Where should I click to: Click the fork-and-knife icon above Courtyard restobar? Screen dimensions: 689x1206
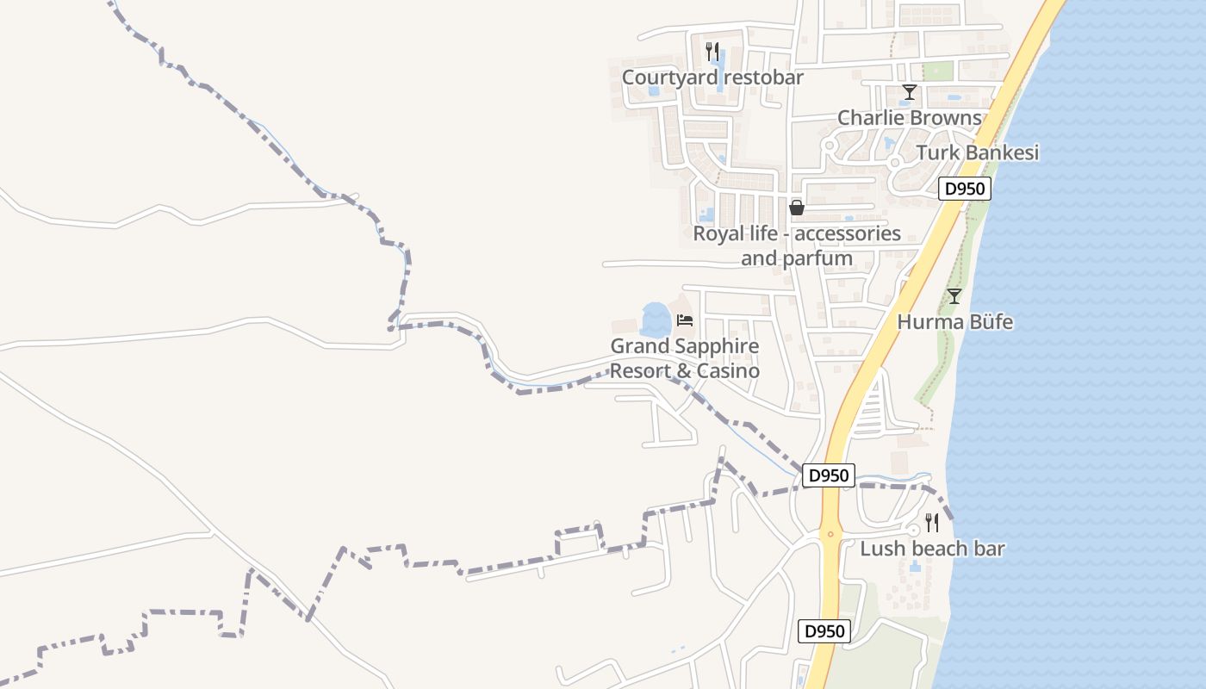712,51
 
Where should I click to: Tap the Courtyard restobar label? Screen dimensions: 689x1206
712,78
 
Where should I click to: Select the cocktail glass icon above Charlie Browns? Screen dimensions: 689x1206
909,92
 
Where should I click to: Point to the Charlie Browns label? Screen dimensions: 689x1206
909,118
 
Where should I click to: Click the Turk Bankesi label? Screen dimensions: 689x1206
977,152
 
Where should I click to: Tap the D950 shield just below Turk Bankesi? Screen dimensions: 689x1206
965,189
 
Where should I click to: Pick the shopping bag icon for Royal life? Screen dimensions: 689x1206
797,208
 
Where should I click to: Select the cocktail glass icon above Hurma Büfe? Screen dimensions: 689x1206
954,296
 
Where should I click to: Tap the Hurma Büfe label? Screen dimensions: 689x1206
954,322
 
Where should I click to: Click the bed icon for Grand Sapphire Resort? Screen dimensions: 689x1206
685,320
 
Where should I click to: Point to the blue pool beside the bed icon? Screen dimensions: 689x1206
656,320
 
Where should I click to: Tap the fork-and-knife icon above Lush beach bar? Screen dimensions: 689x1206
931,522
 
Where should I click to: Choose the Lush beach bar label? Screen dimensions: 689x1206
932,549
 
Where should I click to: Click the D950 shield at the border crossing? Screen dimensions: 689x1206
829,475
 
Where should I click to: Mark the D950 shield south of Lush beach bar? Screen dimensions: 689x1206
824,631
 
